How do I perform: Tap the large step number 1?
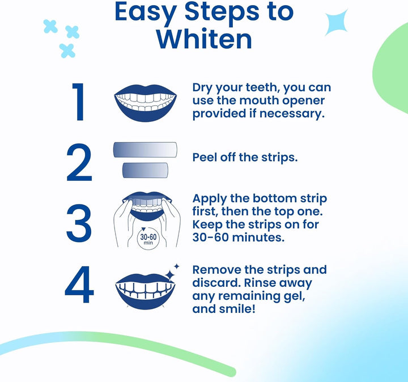79,102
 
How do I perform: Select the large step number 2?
79,163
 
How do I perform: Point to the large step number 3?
79,222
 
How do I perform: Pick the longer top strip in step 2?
146,150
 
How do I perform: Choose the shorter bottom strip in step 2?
145,170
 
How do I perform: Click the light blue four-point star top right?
337,23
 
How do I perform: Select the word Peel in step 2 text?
206,158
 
